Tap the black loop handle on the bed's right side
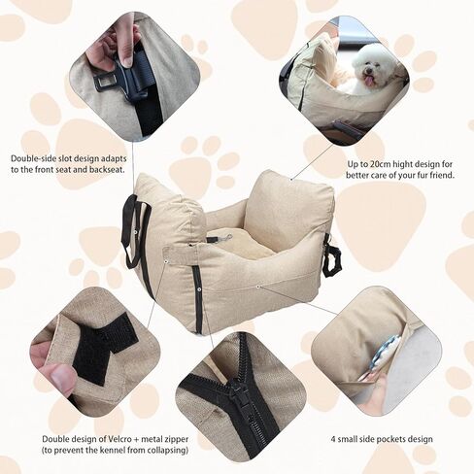click(333, 258)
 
